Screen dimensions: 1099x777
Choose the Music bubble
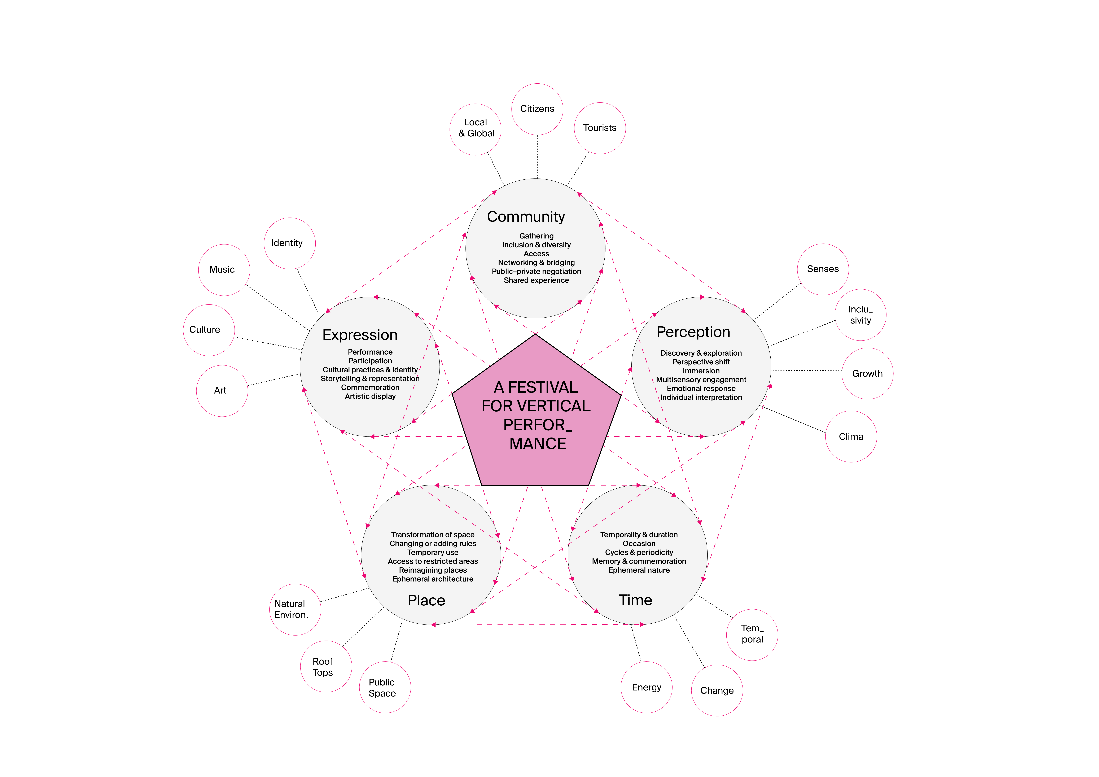(224, 270)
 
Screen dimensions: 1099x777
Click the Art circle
(222, 391)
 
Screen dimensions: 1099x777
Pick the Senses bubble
(823, 269)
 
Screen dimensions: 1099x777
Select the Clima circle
(851, 436)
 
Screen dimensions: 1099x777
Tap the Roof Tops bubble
(326, 666)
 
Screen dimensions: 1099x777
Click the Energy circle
(647, 688)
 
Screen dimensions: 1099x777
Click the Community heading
(526, 217)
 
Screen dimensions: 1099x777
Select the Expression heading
(360, 335)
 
